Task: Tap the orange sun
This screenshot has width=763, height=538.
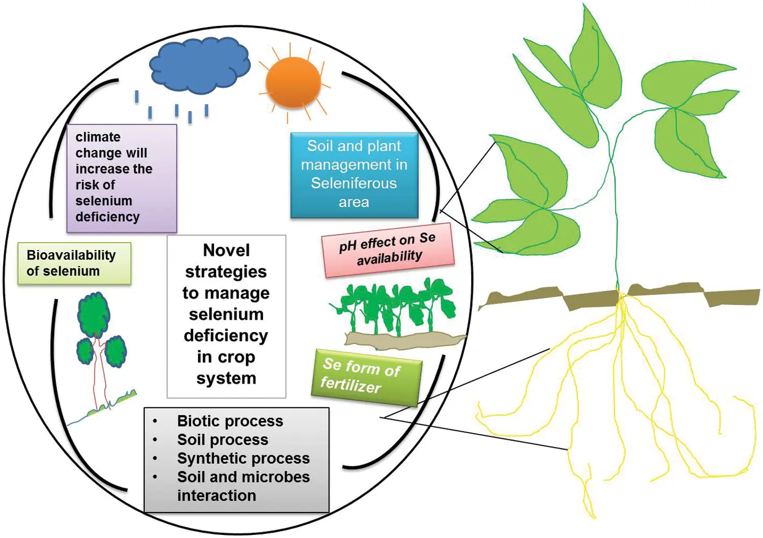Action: click(293, 82)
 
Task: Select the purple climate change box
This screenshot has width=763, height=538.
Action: click(122, 178)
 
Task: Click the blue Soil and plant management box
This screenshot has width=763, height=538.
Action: click(354, 174)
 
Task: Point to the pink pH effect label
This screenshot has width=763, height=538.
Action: click(388, 250)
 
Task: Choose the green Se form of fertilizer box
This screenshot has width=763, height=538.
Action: click(366, 376)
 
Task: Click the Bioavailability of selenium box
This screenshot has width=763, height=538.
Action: click(74, 263)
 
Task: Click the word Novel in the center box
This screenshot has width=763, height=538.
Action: click(226, 250)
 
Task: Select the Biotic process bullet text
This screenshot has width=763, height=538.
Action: click(230, 421)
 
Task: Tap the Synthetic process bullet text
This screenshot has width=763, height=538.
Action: click(243, 458)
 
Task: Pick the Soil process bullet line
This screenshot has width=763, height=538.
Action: click(222, 439)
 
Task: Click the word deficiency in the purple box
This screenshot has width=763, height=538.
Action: click(107, 217)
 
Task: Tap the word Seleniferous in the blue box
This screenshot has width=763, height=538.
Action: click(354, 183)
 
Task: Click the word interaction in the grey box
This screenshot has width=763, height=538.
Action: click(217, 496)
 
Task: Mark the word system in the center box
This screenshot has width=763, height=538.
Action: click(226, 378)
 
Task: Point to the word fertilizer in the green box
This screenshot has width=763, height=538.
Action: click(350, 385)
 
